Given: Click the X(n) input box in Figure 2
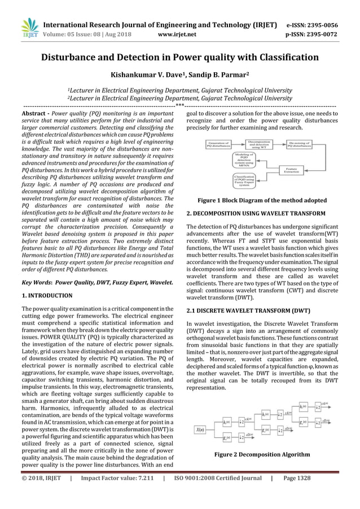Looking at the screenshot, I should click(x=200, y=429).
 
